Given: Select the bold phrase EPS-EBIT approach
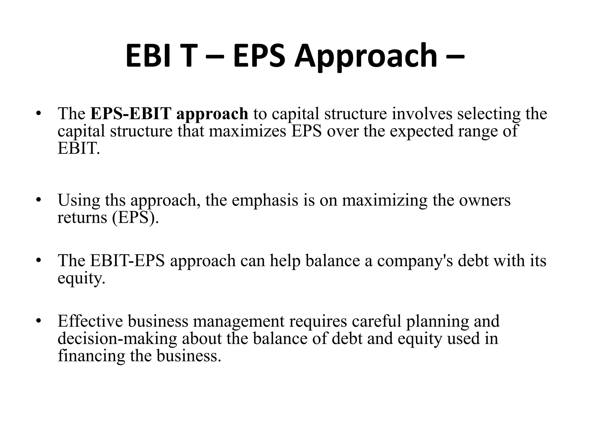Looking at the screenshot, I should (169, 114).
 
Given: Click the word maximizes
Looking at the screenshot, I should (247, 131).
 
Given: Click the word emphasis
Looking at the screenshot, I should (265, 200).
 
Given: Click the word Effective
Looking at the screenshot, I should (90, 321).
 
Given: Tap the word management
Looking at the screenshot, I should (238, 322).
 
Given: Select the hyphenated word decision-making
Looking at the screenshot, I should (117, 339).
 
